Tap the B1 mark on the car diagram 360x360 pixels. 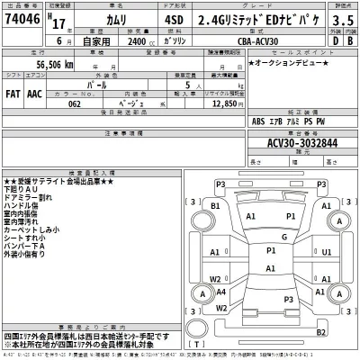214,206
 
